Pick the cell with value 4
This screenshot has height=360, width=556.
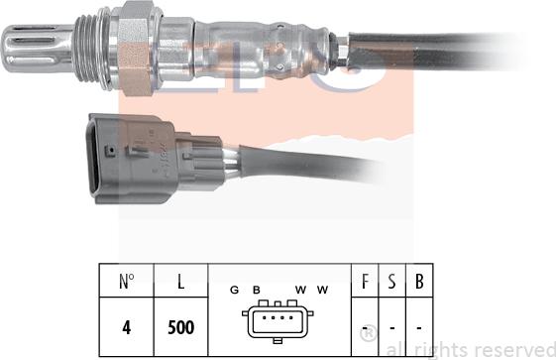126,326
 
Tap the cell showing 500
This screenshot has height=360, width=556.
180,326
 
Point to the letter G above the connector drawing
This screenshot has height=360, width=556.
234,290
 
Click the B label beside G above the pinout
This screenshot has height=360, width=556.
256,290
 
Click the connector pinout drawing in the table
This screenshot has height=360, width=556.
279,324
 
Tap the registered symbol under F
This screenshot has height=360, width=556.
367,331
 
